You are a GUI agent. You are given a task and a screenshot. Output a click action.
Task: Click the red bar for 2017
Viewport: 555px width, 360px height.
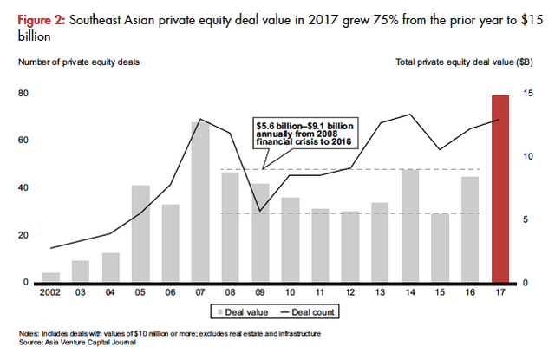point(500,189)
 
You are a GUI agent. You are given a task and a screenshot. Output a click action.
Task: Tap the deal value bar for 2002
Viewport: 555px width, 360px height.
point(51,278)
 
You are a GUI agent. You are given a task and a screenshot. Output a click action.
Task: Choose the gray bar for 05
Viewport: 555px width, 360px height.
point(140,233)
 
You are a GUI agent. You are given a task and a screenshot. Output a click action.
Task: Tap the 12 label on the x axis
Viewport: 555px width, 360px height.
point(350,293)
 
